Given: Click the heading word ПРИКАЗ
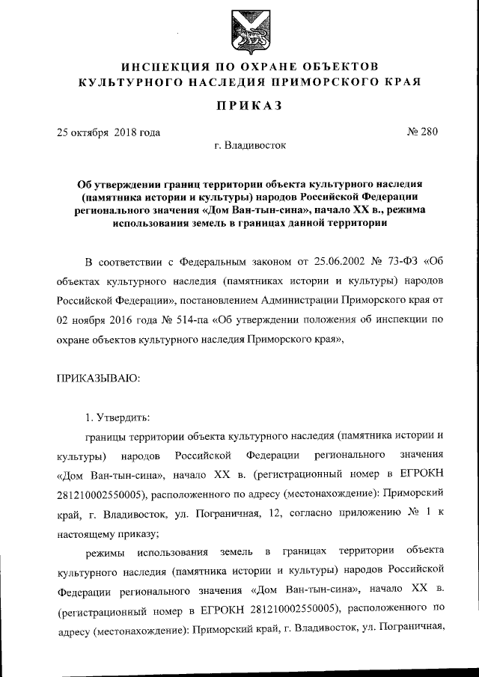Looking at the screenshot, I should (x=244, y=105).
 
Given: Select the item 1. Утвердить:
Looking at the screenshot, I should (x=119, y=417).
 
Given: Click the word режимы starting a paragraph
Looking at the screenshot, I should (x=107, y=553).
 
